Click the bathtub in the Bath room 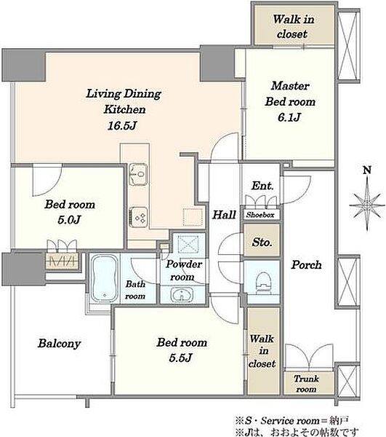coord(104,279)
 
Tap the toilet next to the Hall coord(262,281)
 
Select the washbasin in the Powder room coord(182,294)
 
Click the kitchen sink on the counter coord(138,175)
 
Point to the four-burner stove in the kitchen coord(139,217)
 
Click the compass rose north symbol coord(367,205)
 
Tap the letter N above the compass coord(367,170)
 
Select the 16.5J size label coord(122,126)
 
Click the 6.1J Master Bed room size coord(289,117)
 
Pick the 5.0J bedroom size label coord(69,220)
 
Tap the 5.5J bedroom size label coord(180,358)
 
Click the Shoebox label coord(260,215)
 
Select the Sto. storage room coord(262,240)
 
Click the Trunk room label coord(306,384)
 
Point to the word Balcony coord(59,344)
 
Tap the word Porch coord(306,265)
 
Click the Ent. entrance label coord(262,186)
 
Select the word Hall coord(224,215)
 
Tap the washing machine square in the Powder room coord(188,245)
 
